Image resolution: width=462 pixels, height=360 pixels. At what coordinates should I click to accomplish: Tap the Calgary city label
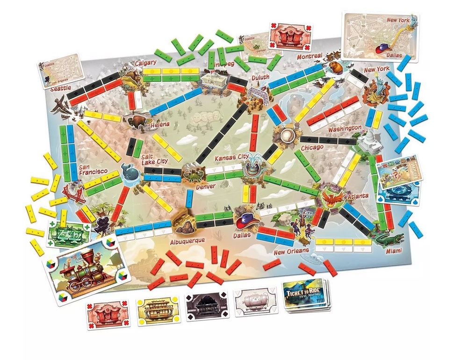(145, 63)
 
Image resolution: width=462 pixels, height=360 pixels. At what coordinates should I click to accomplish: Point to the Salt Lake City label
(154, 159)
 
